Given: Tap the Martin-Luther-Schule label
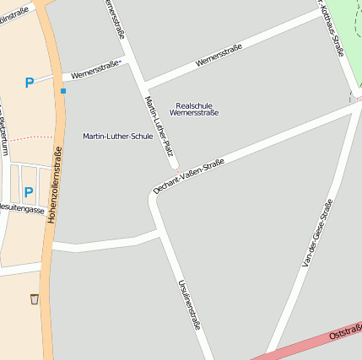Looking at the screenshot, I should [x=118, y=136].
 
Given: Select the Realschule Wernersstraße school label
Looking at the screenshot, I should [x=194, y=109].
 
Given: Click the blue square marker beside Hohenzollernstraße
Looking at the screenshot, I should [x=62, y=90].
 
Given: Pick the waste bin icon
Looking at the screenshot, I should [x=34, y=298].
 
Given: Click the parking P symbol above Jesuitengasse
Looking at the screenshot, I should [x=28, y=191].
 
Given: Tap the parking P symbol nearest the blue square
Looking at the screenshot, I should [x=30, y=83].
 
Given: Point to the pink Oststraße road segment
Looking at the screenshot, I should [x=287, y=348].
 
